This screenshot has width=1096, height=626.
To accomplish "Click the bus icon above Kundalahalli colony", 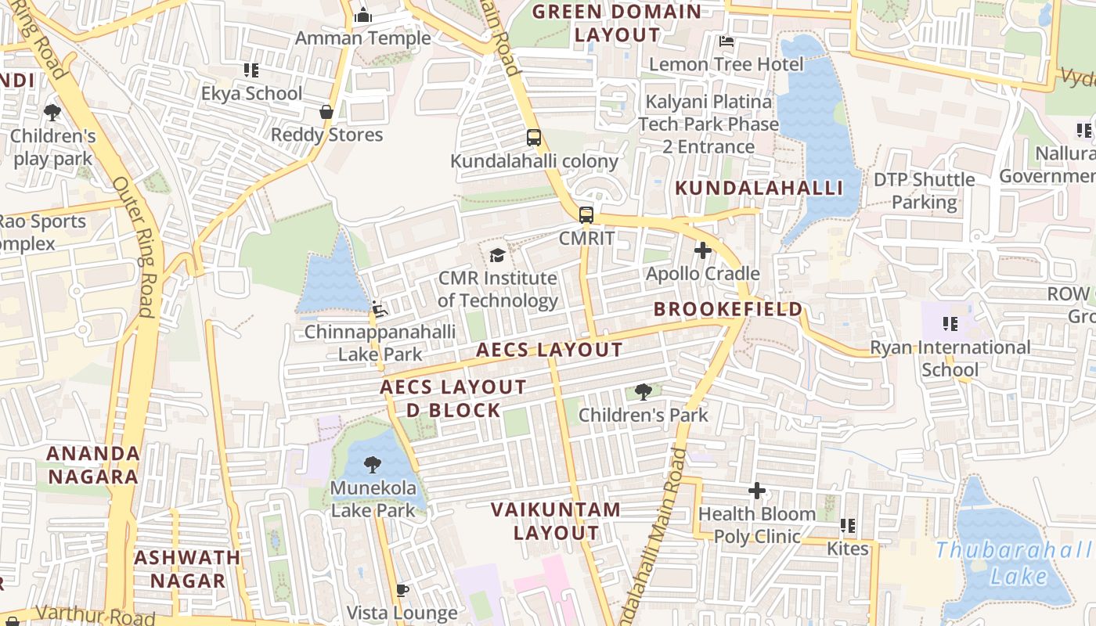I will [x=533, y=138].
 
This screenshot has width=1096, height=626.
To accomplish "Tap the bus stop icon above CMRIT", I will [x=586, y=214].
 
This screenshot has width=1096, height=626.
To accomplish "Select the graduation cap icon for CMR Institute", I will [x=497, y=255].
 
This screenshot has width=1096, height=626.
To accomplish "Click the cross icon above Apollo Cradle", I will [x=702, y=250].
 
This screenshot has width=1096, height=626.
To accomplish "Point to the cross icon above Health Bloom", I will [x=756, y=491].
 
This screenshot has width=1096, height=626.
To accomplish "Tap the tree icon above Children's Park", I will [x=643, y=391].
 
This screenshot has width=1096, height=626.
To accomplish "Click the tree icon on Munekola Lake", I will [x=372, y=465].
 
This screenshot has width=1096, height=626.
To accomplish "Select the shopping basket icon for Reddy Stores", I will [x=326, y=112].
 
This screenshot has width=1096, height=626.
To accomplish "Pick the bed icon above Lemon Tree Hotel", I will [x=726, y=41].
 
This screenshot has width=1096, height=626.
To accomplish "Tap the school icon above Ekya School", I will [x=251, y=70].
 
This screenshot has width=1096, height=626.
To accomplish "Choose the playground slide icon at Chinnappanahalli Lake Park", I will [x=379, y=309].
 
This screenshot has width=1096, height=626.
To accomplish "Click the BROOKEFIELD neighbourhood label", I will [x=728, y=309].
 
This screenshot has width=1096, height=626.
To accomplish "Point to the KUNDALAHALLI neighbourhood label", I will [x=759, y=188].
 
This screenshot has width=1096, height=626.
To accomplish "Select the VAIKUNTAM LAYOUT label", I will [x=556, y=521].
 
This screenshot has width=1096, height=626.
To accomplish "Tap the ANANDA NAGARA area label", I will [x=92, y=465].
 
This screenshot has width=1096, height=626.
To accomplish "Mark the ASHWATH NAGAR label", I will [x=187, y=569].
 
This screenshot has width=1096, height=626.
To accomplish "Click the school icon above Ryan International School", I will [x=950, y=324].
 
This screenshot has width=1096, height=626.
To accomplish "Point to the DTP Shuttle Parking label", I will [x=924, y=191].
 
